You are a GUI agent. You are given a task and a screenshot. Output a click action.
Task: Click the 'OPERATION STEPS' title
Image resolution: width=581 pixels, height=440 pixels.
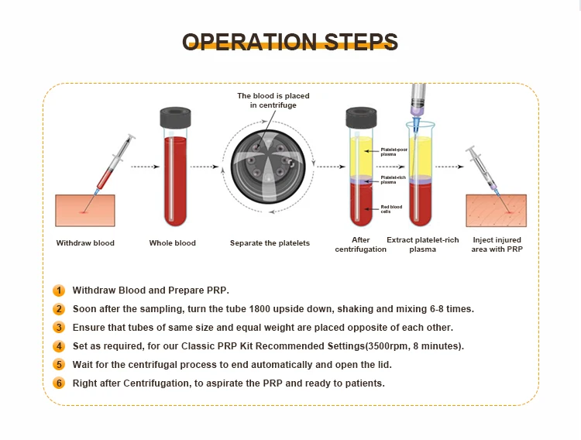[x=290, y=41]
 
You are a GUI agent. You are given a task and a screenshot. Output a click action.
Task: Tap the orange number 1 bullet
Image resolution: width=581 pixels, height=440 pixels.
[x=59, y=290]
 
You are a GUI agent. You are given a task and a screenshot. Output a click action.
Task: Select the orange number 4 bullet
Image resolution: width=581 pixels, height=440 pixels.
[x=59, y=346]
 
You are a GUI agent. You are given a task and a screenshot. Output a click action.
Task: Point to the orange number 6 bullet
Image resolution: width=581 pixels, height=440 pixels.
[x=59, y=383]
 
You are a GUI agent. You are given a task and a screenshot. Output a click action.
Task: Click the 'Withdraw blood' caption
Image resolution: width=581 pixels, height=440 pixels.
[x=85, y=243]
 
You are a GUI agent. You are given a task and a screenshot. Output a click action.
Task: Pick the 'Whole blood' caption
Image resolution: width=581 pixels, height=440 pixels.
[x=172, y=243]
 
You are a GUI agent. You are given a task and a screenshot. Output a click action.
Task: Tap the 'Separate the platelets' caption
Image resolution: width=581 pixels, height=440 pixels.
[x=270, y=243]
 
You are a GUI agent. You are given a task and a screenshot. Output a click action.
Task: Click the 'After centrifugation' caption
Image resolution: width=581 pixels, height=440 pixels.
[x=360, y=245]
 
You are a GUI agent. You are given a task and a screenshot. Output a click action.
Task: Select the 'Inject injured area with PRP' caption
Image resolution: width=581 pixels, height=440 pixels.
[x=496, y=245]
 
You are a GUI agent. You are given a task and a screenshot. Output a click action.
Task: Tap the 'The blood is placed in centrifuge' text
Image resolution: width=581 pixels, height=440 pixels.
[x=273, y=101]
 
